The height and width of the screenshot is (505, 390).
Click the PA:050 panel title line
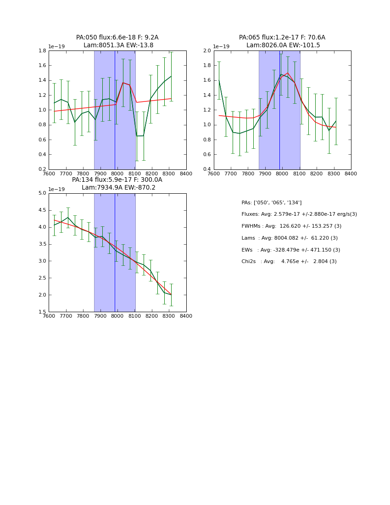[117, 38]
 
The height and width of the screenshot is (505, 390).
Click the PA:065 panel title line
[282, 38]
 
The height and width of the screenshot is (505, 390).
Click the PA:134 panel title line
[117, 180]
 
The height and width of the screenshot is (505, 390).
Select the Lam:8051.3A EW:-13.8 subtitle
[118, 45]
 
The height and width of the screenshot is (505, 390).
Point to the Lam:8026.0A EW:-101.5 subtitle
[283, 45]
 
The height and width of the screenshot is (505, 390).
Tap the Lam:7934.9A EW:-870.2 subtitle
[118, 188]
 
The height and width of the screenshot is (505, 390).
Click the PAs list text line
[272, 202]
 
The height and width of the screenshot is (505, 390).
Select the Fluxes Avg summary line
[299, 214]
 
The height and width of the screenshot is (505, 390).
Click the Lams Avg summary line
[290, 238]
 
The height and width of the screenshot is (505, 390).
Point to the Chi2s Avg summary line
[289, 262]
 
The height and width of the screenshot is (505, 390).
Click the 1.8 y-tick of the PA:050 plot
[42, 50]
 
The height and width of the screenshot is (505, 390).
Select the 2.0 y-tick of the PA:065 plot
[207, 50]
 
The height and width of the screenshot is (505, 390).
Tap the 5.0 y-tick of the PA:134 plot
[42, 193]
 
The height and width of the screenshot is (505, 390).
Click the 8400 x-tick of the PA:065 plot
[351, 174]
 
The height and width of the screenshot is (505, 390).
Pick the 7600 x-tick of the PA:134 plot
[49, 316]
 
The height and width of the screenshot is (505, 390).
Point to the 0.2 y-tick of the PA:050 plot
[42, 169]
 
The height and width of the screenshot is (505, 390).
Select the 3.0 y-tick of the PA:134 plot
[42, 261]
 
